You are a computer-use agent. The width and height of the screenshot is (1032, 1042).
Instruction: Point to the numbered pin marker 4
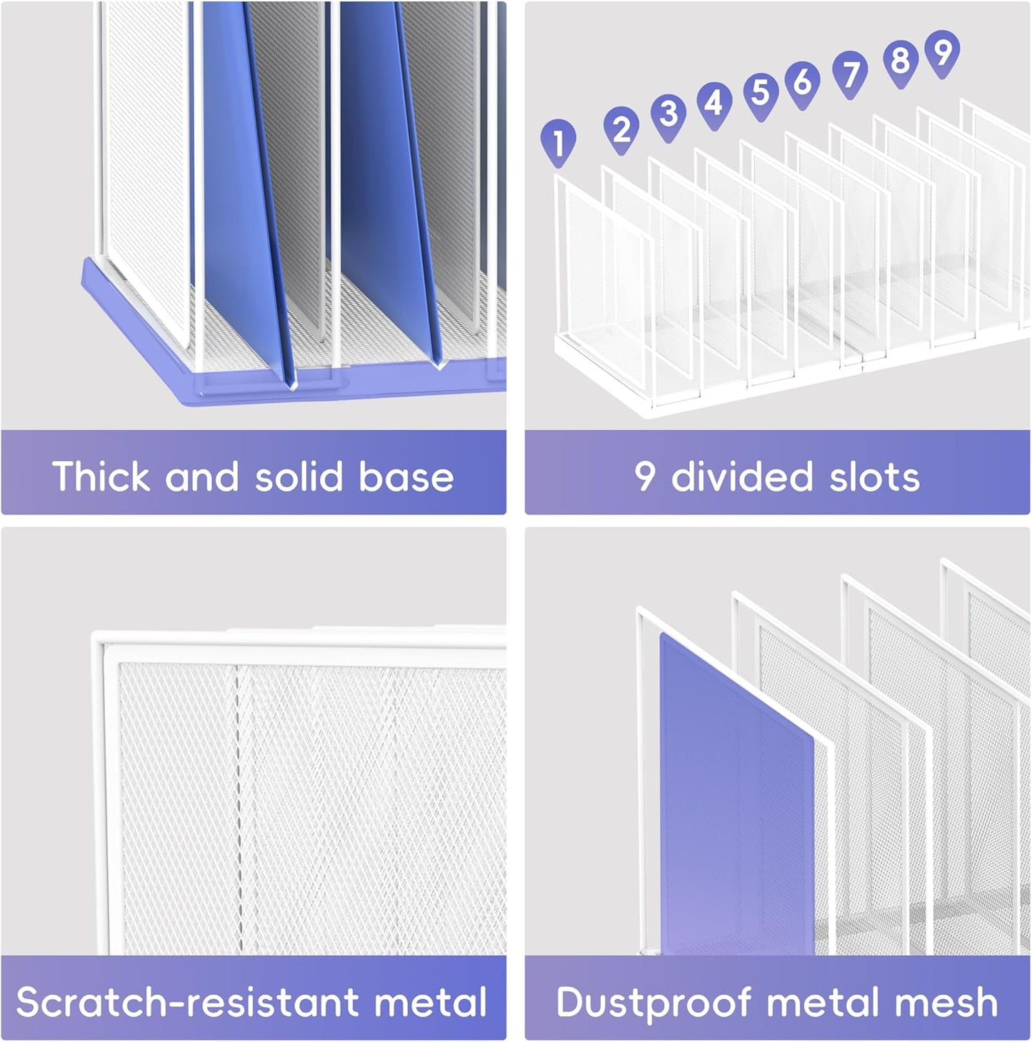pyautogui.click(x=714, y=106)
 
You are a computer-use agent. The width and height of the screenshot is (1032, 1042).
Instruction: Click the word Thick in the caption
pyautogui.click(x=101, y=476)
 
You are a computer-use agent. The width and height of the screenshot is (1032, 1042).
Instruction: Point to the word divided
pyautogui.click(x=741, y=476)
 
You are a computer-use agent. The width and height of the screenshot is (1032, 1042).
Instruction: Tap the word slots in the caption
pyautogui.click(x=874, y=476)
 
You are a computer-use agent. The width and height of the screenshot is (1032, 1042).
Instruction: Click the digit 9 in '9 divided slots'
pyautogui.click(x=645, y=477)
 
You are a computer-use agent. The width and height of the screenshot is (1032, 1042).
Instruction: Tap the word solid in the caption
pyautogui.click(x=299, y=476)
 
